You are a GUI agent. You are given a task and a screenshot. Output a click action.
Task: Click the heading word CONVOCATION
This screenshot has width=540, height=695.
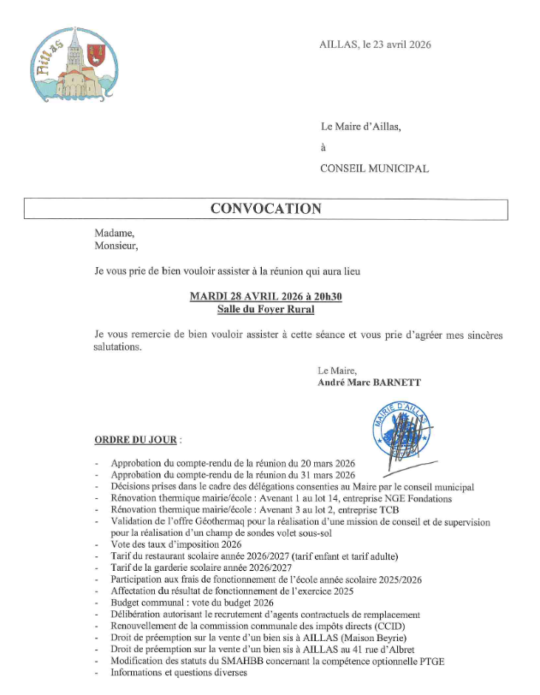tap(266, 209)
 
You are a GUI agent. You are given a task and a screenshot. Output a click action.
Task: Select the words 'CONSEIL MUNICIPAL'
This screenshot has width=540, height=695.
tap(374, 169)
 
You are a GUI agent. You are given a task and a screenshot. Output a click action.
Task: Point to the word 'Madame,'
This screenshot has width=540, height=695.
tap(115, 232)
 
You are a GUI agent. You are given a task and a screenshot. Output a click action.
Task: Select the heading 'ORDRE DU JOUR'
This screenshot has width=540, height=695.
tap(136, 441)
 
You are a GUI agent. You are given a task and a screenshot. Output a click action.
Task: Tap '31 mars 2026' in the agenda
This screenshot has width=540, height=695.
tap(329, 475)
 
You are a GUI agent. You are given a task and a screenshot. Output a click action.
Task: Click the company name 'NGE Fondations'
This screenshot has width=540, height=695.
tap(418, 498)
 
